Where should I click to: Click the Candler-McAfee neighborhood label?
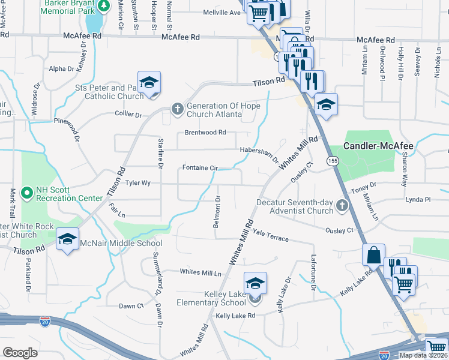[379, 146]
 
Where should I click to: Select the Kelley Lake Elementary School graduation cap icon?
[255, 283]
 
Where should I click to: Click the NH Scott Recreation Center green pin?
[26, 193]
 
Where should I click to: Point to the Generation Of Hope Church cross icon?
[177, 109]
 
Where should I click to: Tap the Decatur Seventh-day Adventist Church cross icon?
[342, 206]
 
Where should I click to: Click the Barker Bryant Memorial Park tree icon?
[103, 5]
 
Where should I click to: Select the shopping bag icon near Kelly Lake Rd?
[373, 254]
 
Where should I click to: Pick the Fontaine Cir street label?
[200, 169]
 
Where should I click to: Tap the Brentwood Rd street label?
[205, 132]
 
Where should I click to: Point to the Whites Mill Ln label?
[200, 272]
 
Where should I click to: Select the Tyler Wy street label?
[137, 184]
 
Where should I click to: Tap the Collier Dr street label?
[128, 114]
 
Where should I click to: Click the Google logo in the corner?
[20, 352]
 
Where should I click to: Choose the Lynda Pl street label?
[418, 199]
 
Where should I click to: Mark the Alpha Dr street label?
[62, 69]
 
